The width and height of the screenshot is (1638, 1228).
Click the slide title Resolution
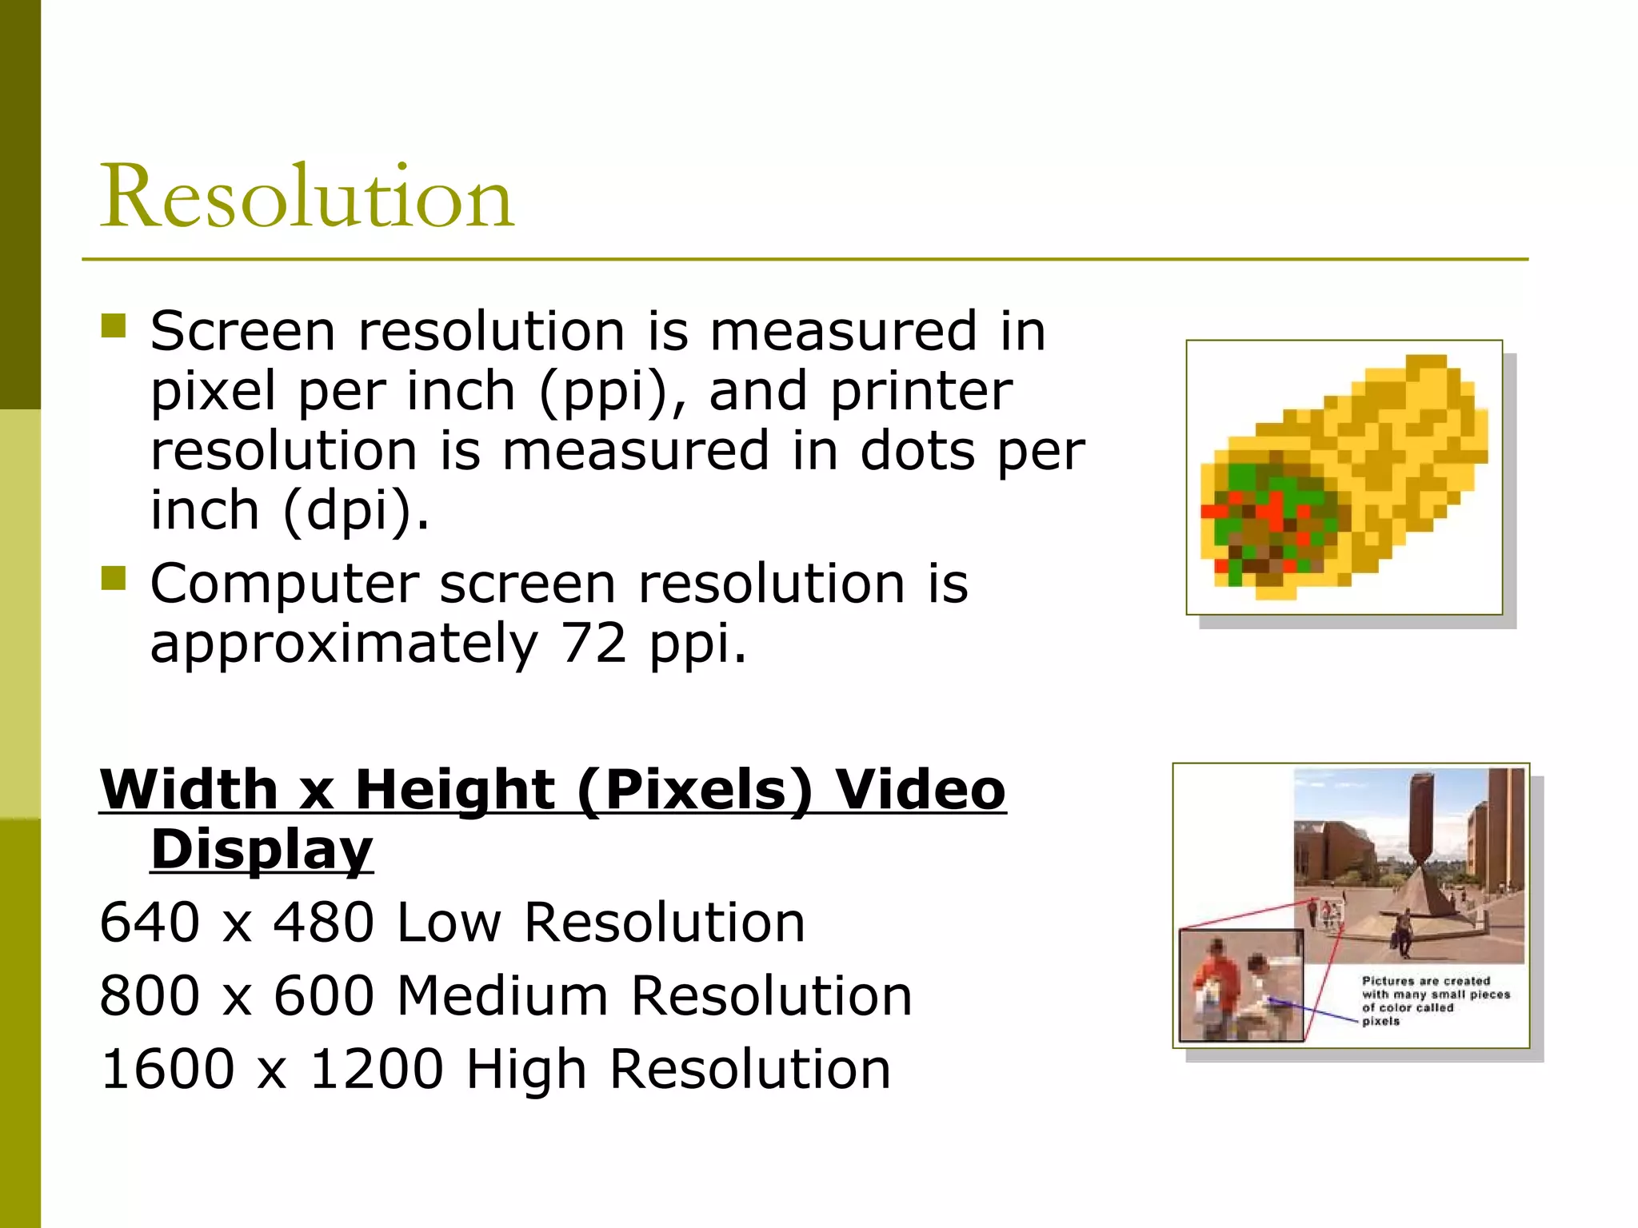point(306,197)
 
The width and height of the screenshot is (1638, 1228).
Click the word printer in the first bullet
point(921,392)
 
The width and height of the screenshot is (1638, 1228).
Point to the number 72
point(593,643)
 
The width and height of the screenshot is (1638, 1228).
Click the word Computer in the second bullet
point(284,584)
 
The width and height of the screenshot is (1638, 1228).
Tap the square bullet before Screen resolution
point(114,326)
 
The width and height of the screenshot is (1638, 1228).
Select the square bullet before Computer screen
point(114,578)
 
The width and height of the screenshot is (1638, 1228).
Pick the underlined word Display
point(262,849)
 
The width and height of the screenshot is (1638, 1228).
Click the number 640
point(150,923)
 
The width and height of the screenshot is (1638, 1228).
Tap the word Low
point(449,923)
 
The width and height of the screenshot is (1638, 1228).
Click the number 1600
point(168,1070)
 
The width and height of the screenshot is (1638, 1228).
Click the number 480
point(324,923)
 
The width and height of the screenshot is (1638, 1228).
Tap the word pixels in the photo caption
point(1380,1022)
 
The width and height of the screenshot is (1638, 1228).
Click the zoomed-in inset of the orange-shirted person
point(1240,985)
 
